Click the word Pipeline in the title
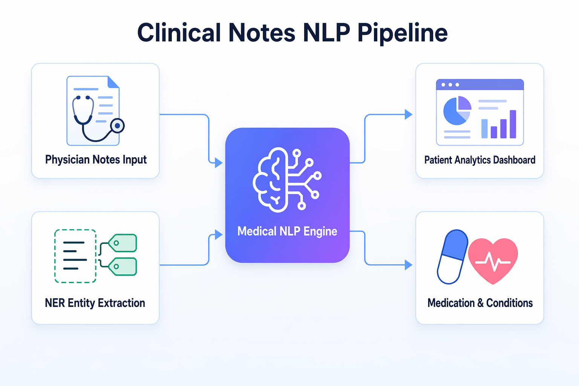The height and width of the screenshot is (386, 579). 402,33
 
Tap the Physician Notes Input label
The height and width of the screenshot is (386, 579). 96,160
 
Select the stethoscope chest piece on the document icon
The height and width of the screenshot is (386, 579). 118,126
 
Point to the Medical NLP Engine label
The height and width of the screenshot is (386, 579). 287,231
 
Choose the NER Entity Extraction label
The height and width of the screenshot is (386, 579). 95,303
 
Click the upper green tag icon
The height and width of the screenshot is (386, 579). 123,243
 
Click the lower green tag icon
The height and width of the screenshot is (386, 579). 123,267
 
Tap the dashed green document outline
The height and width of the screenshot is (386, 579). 75,256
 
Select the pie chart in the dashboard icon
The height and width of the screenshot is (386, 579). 457,110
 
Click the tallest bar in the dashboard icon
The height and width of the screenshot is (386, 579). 513,124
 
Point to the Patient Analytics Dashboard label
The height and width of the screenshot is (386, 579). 479,160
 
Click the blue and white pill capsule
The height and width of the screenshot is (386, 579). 452,257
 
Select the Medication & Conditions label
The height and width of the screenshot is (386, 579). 480,303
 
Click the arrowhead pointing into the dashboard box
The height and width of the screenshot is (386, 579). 408,114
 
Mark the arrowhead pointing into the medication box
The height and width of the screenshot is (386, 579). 408,265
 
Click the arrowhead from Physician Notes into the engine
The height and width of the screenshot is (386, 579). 219,163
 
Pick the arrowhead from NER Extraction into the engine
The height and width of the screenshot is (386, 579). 219,235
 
